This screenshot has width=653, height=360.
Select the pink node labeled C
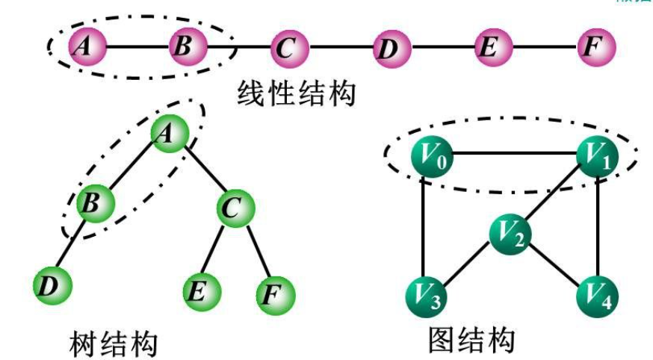[x=284, y=49]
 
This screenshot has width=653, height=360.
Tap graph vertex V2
[x=510, y=236]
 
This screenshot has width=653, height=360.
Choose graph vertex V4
[x=596, y=297]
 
